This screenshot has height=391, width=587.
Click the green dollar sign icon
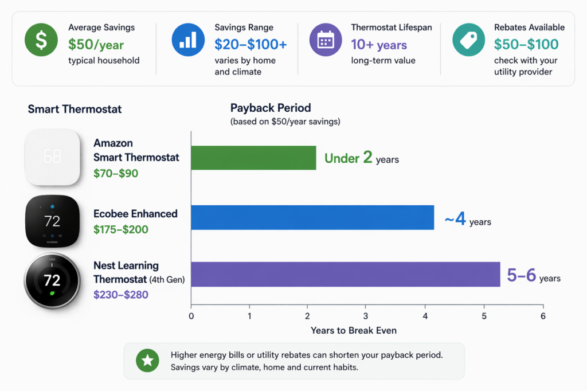pos(41,40)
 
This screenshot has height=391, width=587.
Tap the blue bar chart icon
pos(188,40)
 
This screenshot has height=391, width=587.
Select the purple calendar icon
pos(325,40)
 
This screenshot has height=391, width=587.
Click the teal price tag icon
pos(468,40)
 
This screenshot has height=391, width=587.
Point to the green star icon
pos(148,361)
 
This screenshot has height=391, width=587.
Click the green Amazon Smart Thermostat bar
pos(253,158)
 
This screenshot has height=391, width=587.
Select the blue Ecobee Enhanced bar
pos(312,217)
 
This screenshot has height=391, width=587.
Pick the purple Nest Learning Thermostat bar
pos(345,274)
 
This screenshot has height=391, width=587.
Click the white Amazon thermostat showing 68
pos(52,157)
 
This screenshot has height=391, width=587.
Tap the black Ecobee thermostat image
pos(52,221)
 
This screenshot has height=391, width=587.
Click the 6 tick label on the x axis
pos(542,316)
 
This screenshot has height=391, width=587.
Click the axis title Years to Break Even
pos(353,330)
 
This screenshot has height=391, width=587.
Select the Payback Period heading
pos(271,108)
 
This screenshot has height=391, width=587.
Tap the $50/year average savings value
pos(96,45)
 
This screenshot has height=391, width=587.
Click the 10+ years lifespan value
pos(379,45)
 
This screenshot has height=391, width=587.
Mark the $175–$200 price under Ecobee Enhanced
pos(121,230)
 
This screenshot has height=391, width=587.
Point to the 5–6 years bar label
pos(534,276)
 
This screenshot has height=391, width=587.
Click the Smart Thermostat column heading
pos(75,109)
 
